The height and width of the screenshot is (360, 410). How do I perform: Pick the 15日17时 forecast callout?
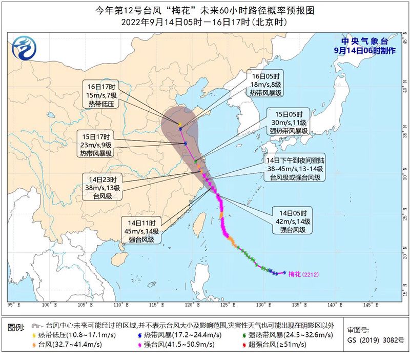(x=98, y=145)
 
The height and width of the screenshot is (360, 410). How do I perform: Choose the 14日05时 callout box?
(x=293, y=221)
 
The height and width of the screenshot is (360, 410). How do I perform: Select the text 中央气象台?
(x=364, y=41)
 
